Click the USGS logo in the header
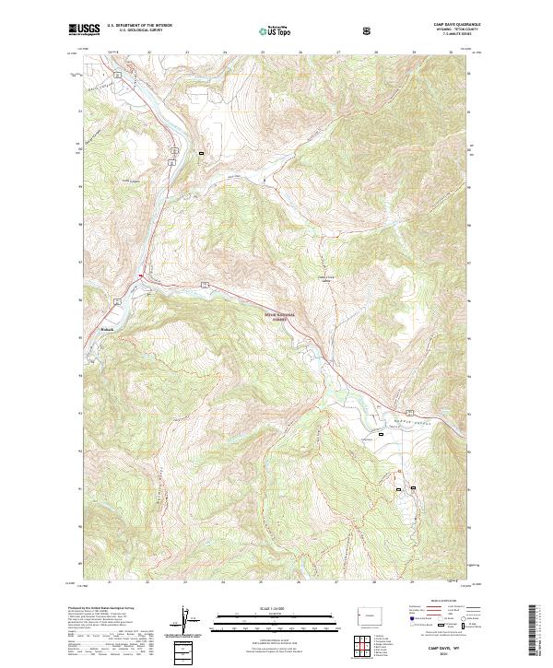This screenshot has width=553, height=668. tap(84, 29)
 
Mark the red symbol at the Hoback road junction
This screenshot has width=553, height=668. tap(140, 275)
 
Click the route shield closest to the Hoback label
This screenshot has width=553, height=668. tap(117, 301)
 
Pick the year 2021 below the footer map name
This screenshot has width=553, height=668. tap(441, 655)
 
